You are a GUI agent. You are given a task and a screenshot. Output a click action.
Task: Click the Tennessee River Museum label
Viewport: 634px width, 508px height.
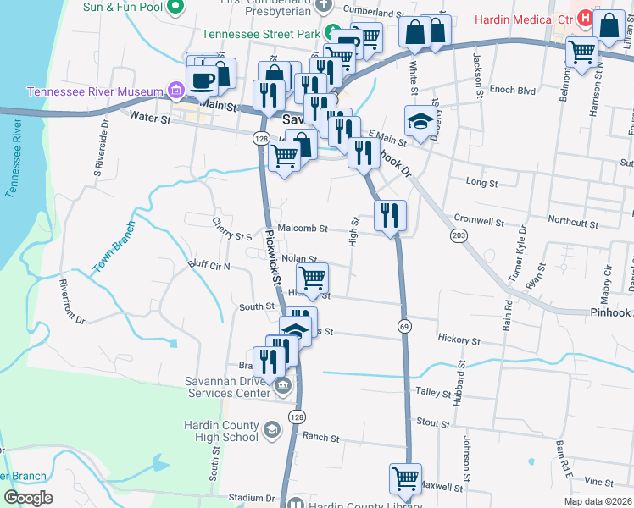[95, 92]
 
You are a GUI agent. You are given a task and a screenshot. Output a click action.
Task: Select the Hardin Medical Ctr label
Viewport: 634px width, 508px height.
[522, 19]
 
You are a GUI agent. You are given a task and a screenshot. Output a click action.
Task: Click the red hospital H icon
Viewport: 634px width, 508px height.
[585, 18]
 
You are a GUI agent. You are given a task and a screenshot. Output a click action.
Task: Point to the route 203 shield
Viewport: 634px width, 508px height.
[459, 235]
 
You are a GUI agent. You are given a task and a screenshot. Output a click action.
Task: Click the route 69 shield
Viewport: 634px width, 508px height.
[404, 326]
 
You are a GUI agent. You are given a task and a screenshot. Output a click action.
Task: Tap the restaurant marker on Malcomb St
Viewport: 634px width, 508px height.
[390, 216]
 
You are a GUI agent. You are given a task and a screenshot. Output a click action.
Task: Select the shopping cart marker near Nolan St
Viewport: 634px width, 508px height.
[312, 279]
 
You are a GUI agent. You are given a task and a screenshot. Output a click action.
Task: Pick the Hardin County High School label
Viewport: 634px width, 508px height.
[221, 431]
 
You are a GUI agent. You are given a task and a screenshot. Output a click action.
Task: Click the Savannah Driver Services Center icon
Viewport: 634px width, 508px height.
[283, 387]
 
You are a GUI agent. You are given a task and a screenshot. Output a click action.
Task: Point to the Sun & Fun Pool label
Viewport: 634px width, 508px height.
[122, 7]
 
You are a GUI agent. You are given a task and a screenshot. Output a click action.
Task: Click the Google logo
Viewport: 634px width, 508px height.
[28, 498]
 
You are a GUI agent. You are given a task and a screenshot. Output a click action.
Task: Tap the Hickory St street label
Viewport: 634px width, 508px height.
[459, 340]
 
